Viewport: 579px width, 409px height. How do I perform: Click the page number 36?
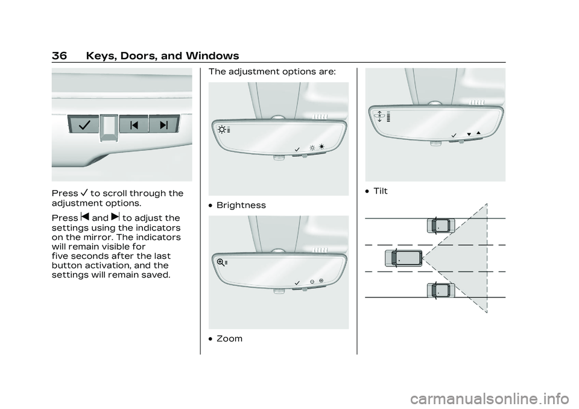[x=60, y=55]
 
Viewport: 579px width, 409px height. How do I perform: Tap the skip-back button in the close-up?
[x=134, y=125]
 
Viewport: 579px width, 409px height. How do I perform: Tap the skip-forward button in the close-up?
[x=164, y=125]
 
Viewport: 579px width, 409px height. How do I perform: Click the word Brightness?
[x=241, y=205]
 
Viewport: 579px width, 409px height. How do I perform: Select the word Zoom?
[x=229, y=338]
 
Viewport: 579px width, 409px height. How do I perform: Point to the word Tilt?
[x=381, y=191]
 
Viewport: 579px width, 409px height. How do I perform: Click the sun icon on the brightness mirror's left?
[x=222, y=130]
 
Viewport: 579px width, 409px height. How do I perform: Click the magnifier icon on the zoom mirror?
[x=221, y=262]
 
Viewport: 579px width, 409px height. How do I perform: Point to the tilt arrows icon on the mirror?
[x=379, y=116]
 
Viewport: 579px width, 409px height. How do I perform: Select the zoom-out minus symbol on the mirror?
[x=312, y=282]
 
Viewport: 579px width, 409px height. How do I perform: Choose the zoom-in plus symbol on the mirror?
[x=321, y=281]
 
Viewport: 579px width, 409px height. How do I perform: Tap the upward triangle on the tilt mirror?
[x=478, y=133]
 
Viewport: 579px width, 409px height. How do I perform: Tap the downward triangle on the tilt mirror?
[x=469, y=134]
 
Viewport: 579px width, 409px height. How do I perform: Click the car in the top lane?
[x=441, y=226]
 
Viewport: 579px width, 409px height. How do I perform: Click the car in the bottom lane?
[x=441, y=290]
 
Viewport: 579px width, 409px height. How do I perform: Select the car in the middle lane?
[x=403, y=258]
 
